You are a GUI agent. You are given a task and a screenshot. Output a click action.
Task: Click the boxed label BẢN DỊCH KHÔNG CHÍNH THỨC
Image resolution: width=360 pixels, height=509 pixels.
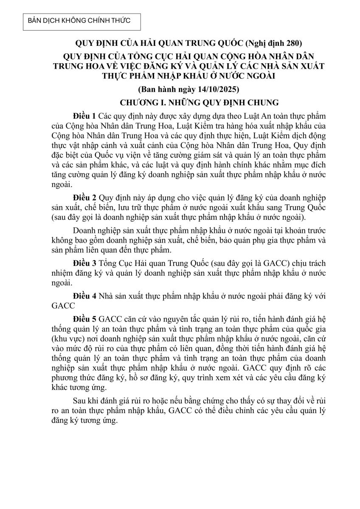coord(79,20)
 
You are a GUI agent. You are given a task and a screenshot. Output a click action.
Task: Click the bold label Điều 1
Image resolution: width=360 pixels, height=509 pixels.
coord(84,116)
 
